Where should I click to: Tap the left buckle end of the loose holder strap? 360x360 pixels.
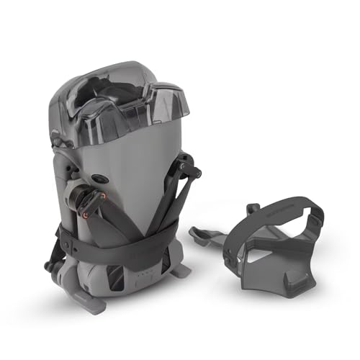click(234, 220)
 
